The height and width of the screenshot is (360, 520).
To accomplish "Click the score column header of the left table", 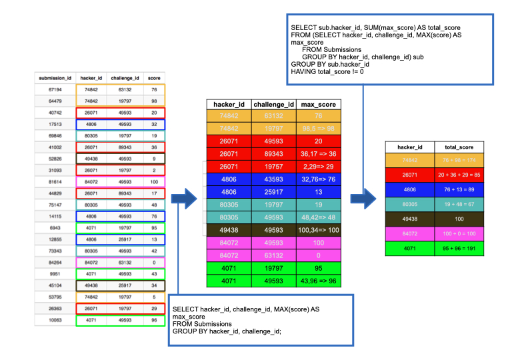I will click(154, 77).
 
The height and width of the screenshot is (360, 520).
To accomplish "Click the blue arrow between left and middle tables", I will click(185, 198).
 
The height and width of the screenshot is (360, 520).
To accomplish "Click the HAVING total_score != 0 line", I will click(327, 71).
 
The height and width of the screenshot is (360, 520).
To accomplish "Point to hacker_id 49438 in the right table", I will click(410, 219).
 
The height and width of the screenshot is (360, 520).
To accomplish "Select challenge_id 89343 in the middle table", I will click(274, 153).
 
